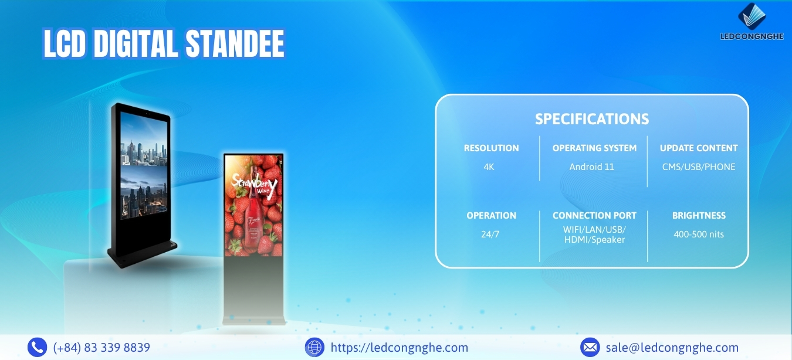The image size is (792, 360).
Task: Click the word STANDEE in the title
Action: tap(235, 44)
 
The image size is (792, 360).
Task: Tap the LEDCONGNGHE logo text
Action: tap(752, 36)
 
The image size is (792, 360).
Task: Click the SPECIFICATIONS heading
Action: tap(592, 119)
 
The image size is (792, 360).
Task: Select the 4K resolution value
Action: tap(489, 167)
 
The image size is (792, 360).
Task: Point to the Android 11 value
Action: tap(591, 167)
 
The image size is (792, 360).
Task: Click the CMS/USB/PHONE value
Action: tap(699, 167)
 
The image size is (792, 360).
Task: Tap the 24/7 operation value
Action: tap(490, 234)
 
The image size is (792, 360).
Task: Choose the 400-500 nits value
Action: tap(699, 234)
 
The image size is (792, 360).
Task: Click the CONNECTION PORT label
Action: tap(594, 216)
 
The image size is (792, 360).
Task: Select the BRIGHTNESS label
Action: tap(699, 216)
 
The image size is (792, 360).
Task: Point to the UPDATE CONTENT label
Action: tap(699, 148)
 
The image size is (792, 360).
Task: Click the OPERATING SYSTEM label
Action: tap(594, 148)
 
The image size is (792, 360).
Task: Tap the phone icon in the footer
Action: tap(37, 347)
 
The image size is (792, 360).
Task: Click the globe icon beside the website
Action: tap(314, 347)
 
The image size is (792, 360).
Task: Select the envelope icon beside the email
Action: tap(590, 347)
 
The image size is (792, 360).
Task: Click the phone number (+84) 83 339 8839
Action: tap(101, 348)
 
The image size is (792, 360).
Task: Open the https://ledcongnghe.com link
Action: tap(399, 348)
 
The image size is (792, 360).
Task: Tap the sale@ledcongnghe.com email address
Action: tap(672, 348)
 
